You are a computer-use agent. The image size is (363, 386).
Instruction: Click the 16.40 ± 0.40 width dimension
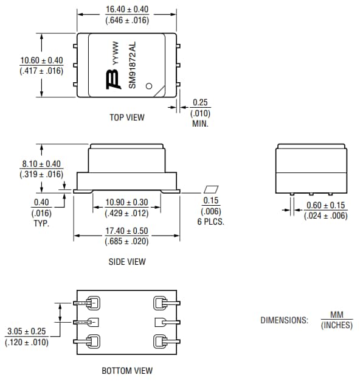pyautogui.click(x=127, y=10)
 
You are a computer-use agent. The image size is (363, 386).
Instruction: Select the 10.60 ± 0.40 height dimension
pyautogui.click(x=41, y=60)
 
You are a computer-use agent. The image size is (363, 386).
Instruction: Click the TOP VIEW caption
pyautogui.click(x=127, y=118)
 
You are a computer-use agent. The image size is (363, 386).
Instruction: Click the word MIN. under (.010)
pyautogui.click(x=200, y=123)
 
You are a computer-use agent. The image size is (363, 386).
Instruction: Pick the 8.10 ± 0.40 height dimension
pyautogui.click(x=42, y=164)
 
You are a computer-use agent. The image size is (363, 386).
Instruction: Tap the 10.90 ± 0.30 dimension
pyautogui.click(x=126, y=202)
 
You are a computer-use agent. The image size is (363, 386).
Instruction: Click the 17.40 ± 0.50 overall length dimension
pyautogui.click(x=126, y=231)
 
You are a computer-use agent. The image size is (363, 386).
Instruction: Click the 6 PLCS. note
pyautogui.click(x=211, y=222)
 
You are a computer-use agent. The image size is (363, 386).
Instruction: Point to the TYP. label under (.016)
pyautogui.click(x=41, y=223)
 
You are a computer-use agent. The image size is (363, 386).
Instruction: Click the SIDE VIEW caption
pyautogui.click(x=126, y=262)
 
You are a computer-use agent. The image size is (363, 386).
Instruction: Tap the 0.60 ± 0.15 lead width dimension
pyautogui.click(x=326, y=205)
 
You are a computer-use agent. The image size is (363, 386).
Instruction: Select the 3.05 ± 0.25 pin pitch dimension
pyautogui.click(x=27, y=332)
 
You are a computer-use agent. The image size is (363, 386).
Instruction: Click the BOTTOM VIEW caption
pyautogui.click(x=126, y=370)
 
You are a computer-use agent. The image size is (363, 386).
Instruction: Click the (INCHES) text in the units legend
pyautogui.click(x=337, y=325)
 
